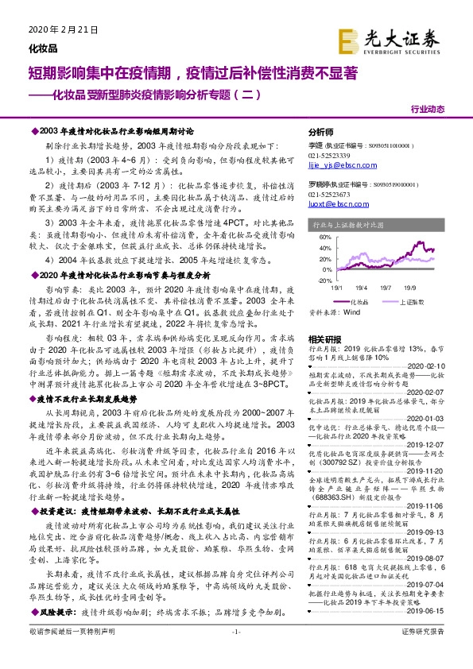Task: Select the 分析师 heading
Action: click(x=320, y=132)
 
